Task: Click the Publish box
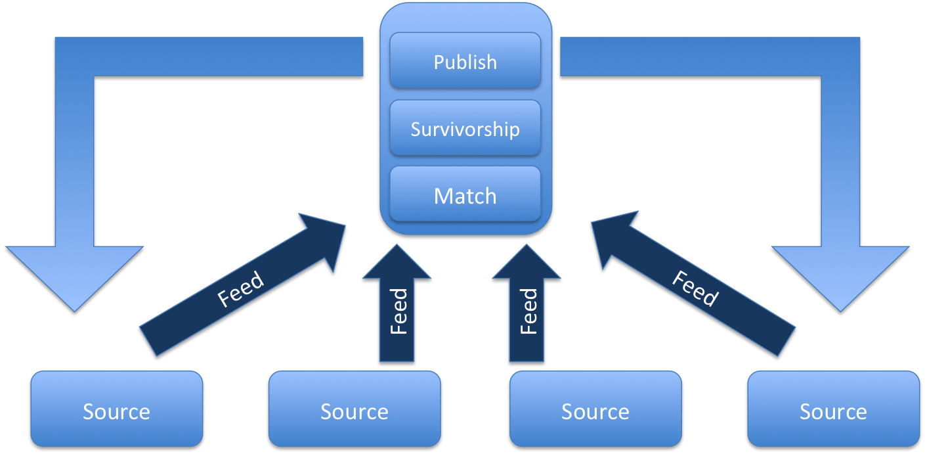coord(465,61)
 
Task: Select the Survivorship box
coord(465,128)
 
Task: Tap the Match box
coord(465,195)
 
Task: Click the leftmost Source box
coord(116,411)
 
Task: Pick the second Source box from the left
coord(355,411)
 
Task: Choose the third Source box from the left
coord(595,411)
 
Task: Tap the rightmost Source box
coord(833,411)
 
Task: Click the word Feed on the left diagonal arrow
coord(240,289)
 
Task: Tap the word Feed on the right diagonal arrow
coord(695,289)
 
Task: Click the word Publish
coord(465,62)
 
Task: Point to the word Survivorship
coord(465,129)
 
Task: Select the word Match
coord(465,196)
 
